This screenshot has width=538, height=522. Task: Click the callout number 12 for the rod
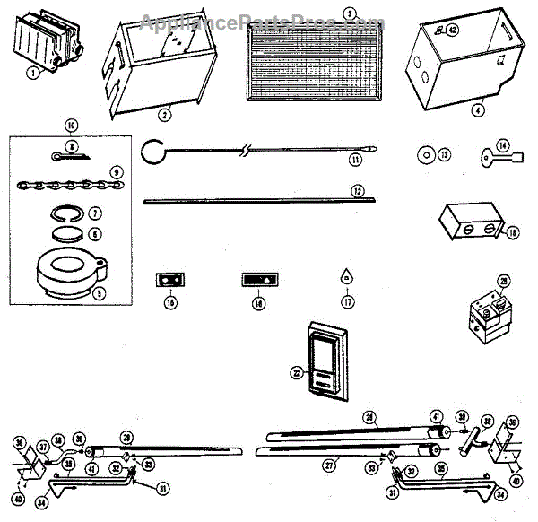pyautogui.click(x=357, y=191)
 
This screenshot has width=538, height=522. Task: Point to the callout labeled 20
pyautogui.click(x=504, y=282)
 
